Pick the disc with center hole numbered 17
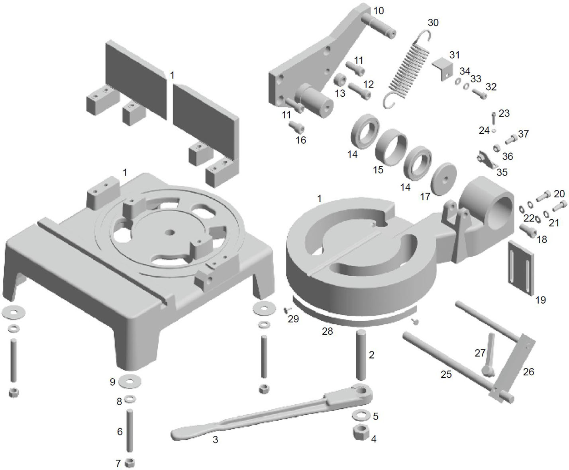pos(443,179)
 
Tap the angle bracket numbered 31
pos(443,69)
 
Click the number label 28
pos(327,332)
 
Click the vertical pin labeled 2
pos(361,355)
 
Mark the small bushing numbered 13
pos(341,79)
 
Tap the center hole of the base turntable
pos(170,233)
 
